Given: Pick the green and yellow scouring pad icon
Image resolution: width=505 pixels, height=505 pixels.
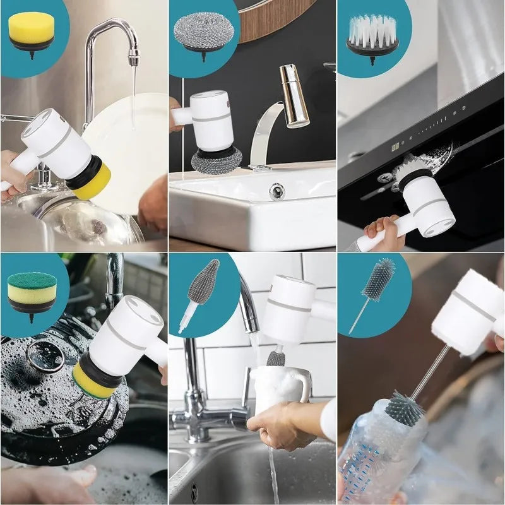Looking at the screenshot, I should point(32,288).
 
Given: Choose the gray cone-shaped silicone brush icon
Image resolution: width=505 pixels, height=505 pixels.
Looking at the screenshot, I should point(203,282).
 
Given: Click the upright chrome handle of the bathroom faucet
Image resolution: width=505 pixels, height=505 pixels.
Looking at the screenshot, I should point(294,95).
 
